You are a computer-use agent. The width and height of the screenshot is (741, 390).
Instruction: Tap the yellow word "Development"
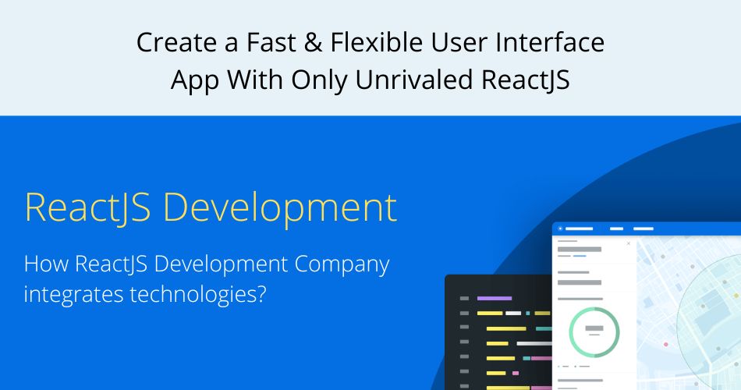click(x=281, y=208)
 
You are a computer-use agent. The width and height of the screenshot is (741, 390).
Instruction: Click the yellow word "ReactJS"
click(x=87, y=208)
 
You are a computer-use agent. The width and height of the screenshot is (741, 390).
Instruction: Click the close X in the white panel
click(x=629, y=243)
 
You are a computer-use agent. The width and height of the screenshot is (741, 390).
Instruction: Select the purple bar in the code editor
click(x=494, y=298)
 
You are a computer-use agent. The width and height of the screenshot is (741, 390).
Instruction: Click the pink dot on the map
click(x=665, y=343)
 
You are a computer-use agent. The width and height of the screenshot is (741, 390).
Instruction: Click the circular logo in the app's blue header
click(x=559, y=229)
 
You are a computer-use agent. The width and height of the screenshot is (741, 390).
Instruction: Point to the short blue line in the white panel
click(x=580, y=255)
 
